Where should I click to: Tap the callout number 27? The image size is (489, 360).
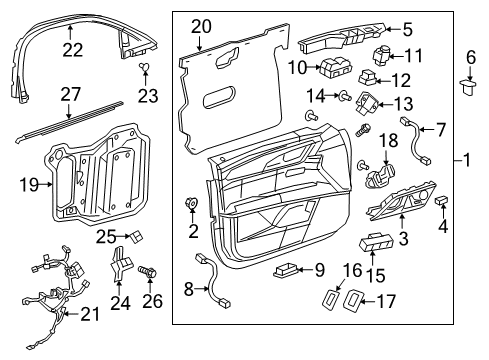coord(68,95)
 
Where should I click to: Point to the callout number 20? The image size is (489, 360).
coord(202,26)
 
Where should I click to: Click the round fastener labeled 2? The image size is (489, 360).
coord(190,206)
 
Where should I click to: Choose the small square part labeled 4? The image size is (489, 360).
coord(442,203)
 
